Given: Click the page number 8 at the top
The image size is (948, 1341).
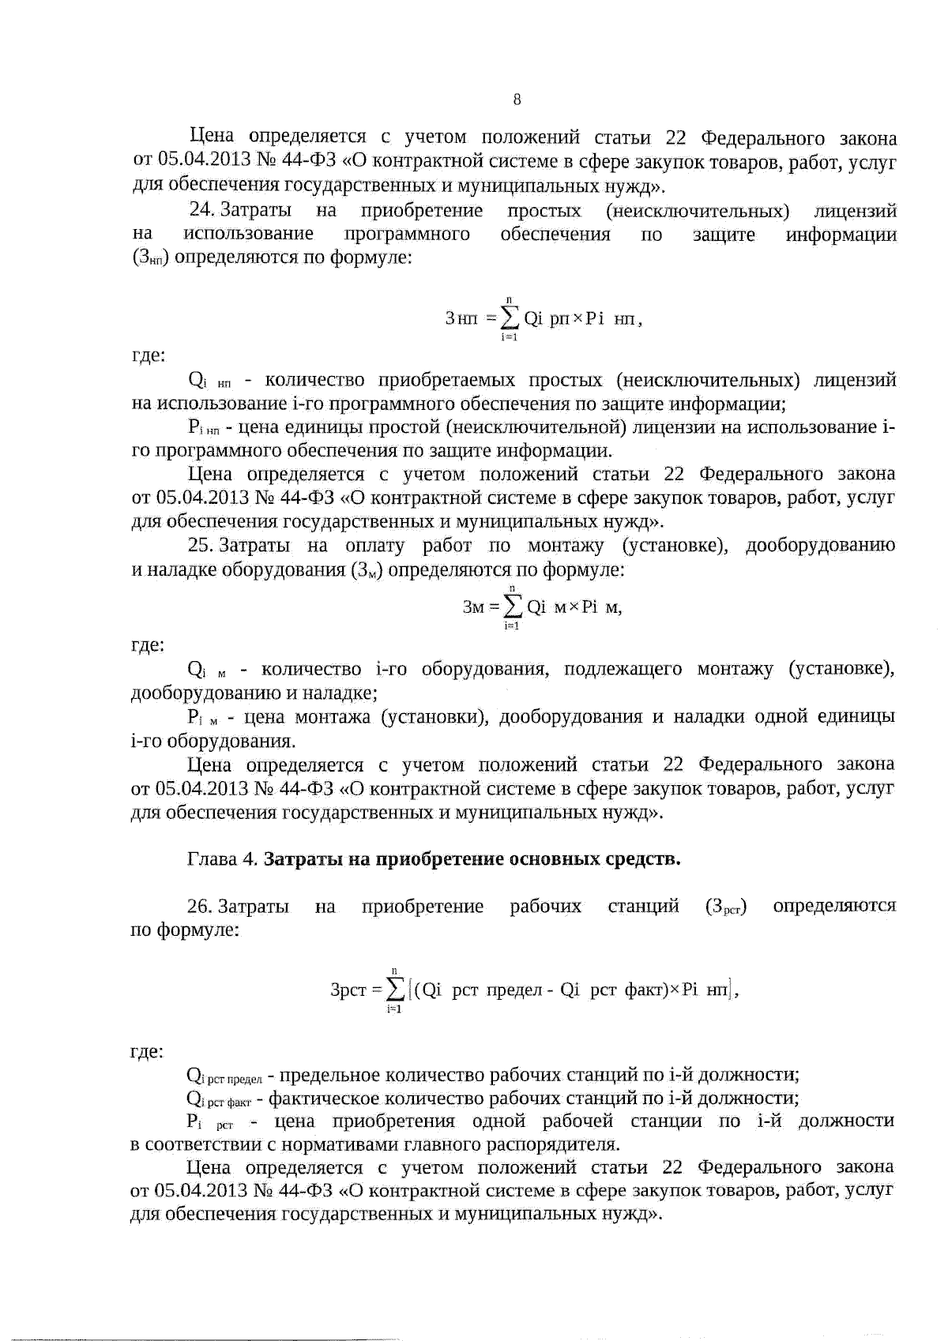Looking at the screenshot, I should tap(517, 100).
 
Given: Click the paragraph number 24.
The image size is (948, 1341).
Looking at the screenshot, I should tap(201, 211).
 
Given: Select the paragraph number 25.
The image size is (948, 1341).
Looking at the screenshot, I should tap(201, 546).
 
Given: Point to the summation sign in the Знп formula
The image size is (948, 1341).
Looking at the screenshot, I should tap(510, 318).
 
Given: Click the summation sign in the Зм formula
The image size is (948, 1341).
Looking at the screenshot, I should tap(512, 607).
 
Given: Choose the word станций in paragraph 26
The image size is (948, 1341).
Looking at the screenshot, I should tap(643, 906).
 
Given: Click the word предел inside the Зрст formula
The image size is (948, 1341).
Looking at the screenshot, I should tap(513, 990).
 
